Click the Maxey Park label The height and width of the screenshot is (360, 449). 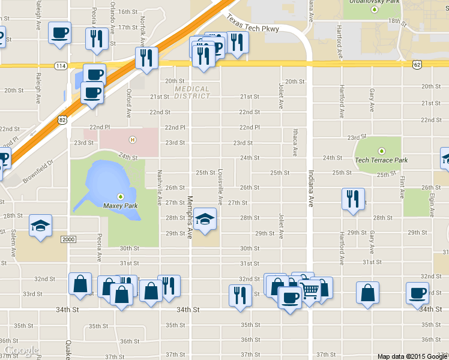click(x=121, y=206)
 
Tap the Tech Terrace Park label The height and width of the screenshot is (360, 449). click(x=381, y=160)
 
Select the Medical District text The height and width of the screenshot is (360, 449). click(x=192, y=92)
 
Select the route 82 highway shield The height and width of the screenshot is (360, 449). click(x=62, y=121)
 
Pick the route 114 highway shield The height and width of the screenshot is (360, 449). click(x=60, y=65)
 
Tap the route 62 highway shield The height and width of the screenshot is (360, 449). click(x=417, y=64)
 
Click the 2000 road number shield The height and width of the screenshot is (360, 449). click(x=68, y=239)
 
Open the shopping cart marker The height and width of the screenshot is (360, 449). click(x=310, y=291)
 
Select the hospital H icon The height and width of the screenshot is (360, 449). click(x=132, y=140)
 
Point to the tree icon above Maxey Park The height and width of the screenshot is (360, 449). click(x=121, y=196)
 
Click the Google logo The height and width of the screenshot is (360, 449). click(x=22, y=350)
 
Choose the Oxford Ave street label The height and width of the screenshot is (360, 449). click(x=128, y=103)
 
